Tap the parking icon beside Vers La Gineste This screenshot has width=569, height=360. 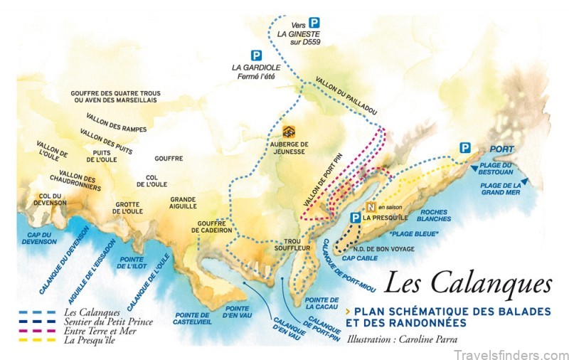[x=314, y=23]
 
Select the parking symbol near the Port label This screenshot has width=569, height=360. [x=464, y=148]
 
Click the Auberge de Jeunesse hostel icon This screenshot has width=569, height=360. [x=288, y=132]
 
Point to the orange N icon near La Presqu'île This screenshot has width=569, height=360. [x=369, y=207]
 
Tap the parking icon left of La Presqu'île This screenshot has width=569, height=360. [x=354, y=218]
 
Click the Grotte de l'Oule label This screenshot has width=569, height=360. [x=129, y=208]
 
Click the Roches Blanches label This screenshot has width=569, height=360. [x=433, y=216]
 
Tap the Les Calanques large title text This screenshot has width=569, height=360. [x=467, y=282]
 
